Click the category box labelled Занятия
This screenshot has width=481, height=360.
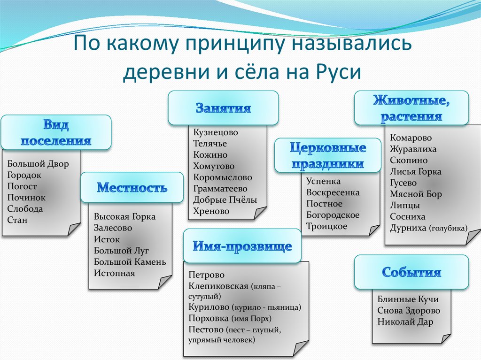pyautogui.click(x=223, y=108)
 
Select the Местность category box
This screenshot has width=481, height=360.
pyautogui.click(x=132, y=188)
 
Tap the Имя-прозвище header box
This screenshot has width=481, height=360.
pyautogui.click(x=242, y=246)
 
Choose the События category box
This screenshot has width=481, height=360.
pyautogui.click(x=411, y=272)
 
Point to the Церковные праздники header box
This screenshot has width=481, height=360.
pyautogui.click(x=327, y=156)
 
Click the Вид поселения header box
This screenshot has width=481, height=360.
pyautogui.click(x=56, y=133)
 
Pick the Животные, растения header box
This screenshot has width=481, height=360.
pyautogui.click(x=411, y=108)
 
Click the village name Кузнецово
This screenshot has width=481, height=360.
pyautogui.click(x=216, y=132)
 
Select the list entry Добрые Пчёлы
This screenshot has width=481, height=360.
pyautogui.click(x=225, y=200)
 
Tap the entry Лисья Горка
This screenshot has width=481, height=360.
pyautogui.click(x=416, y=172)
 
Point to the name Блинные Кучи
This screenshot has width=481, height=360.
pyautogui.click(x=408, y=299)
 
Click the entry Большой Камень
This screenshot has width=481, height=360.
pyautogui.click(x=130, y=262)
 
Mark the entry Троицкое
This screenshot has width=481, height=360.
pyautogui.click(x=327, y=226)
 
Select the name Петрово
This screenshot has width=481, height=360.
pyautogui.click(x=207, y=275)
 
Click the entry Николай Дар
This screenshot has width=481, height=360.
pyautogui.click(x=405, y=322)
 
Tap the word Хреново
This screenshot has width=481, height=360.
pyautogui.click(x=211, y=211)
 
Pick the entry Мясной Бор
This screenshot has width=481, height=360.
pyautogui.click(x=416, y=194)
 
